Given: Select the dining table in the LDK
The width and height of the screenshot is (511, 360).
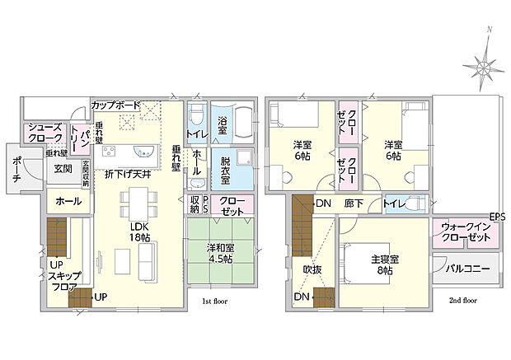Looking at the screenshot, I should pyautogui.click(x=137, y=201).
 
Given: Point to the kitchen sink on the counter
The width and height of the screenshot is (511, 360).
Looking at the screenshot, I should pyautogui.click(x=141, y=152).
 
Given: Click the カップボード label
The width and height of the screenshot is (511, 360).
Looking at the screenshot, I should pyautogui.click(x=116, y=105).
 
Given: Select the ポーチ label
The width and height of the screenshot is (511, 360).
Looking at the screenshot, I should pyautogui.click(x=18, y=171).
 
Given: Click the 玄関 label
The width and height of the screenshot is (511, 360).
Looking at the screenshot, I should pyautogui.click(x=63, y=169).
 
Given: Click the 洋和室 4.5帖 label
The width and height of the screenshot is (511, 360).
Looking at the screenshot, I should pyautogui.click(x=219, y=250).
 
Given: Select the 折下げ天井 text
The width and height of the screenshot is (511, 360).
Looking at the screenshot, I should pyautogui.click(x=129, y=174).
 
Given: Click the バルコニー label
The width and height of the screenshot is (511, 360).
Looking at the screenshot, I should pyautogui.click(x=468, y=269).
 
